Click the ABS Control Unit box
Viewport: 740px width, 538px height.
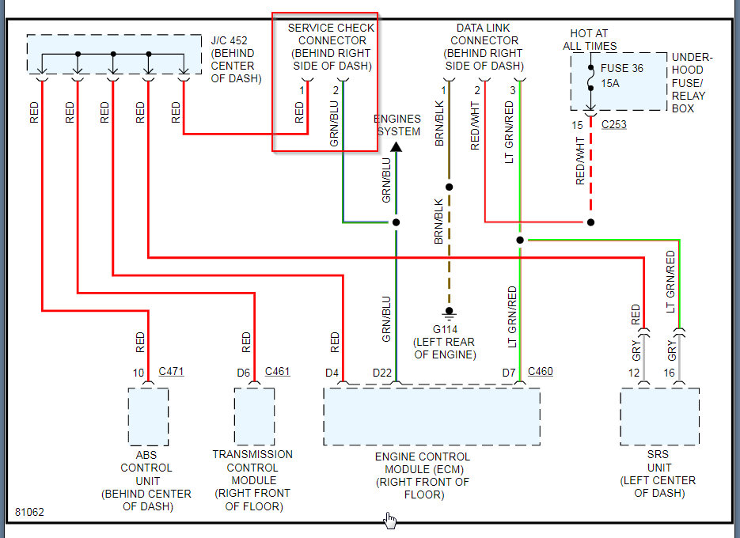[148, 417]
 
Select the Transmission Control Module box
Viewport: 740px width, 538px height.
[254, 416]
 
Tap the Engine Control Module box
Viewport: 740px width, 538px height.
[432, 417]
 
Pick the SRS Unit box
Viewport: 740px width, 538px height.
[659, 417]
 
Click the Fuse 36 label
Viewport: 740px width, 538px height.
[622, 69]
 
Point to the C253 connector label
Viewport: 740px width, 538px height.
[614, 125]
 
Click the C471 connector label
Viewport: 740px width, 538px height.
[171, 370]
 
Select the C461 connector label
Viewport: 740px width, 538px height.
[277, 370]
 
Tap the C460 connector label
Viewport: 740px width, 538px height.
[540, 371]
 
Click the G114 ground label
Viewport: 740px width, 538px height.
[445, 328]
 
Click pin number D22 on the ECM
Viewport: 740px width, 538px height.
[382, 372]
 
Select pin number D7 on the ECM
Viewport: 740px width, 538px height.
[509, 372]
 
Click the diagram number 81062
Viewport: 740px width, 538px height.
[29, 512]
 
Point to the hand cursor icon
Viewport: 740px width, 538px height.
[390, 520]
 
